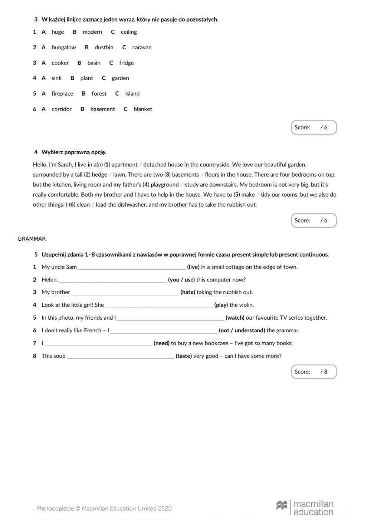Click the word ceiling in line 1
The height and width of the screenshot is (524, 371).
coord(129,32)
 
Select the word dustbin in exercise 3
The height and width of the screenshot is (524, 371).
coord(104,47)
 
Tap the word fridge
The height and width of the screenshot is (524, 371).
coord(126,63)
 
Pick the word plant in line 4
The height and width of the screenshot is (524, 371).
coord(86,78)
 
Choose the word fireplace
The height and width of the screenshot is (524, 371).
coord(62,94)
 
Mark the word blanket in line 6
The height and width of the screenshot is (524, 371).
coord(142,109)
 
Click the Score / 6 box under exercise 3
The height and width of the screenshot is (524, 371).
coord(313,128)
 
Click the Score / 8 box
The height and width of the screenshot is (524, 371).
coord(313,372)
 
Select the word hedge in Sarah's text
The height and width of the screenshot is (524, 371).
coord(99,175)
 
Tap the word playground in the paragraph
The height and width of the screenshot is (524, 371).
coord(165,185)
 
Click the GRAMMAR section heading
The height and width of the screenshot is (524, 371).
coord(32,239)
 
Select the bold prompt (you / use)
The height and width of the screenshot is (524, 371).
coord(181,280)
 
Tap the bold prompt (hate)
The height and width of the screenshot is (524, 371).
coord(188,292)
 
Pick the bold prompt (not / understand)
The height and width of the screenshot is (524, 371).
coord(242,330)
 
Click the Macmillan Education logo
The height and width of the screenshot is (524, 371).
coord(305,508)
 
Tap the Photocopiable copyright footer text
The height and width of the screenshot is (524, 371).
coord(104,509)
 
